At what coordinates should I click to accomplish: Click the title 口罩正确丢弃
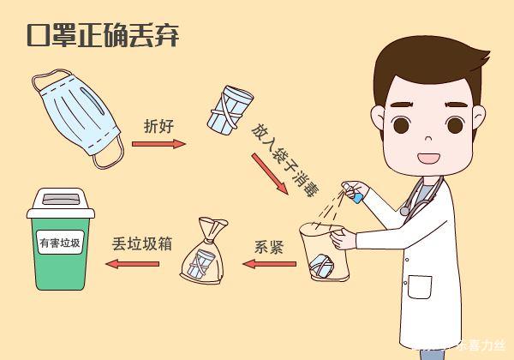tap(100, 36)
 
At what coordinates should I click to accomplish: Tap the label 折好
tap(158, 124)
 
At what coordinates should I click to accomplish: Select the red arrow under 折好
tap(158, 143)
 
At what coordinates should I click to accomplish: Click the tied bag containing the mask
tap(205, 254)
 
